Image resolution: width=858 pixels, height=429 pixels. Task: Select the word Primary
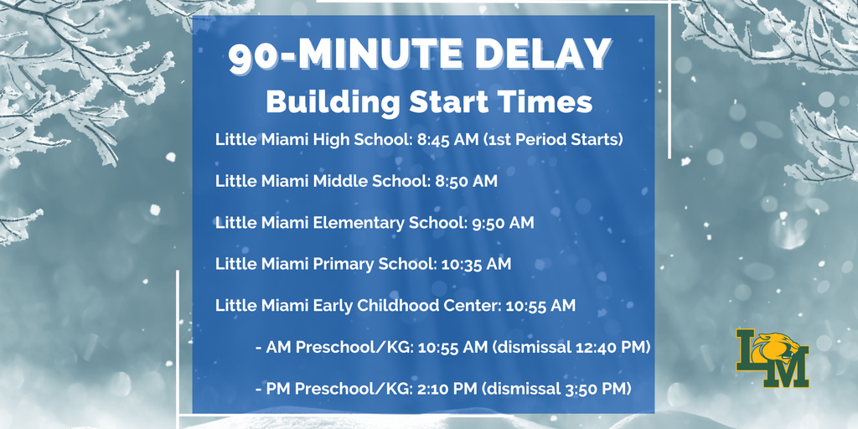[344, 265]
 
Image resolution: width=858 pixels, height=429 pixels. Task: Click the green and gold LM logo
[772, 358]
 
